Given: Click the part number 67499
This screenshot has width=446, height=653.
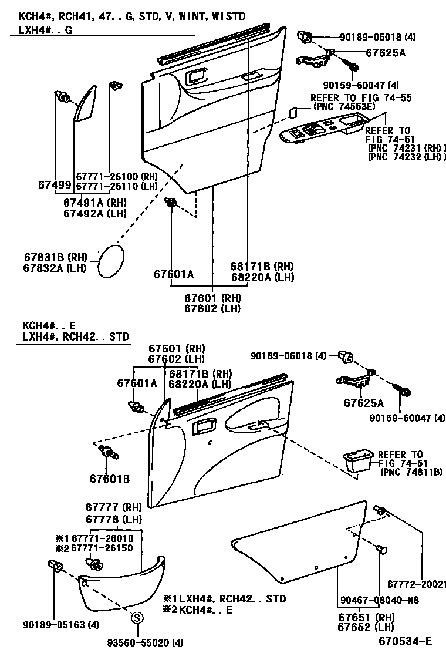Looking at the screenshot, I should (55, 184).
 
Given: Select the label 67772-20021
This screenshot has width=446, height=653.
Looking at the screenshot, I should (416, 585).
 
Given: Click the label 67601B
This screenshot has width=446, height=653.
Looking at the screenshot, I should (109, 479).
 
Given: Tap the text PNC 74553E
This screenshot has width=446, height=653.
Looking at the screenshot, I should (343, 106).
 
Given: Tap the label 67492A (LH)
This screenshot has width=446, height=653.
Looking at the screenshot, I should (94, 214).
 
